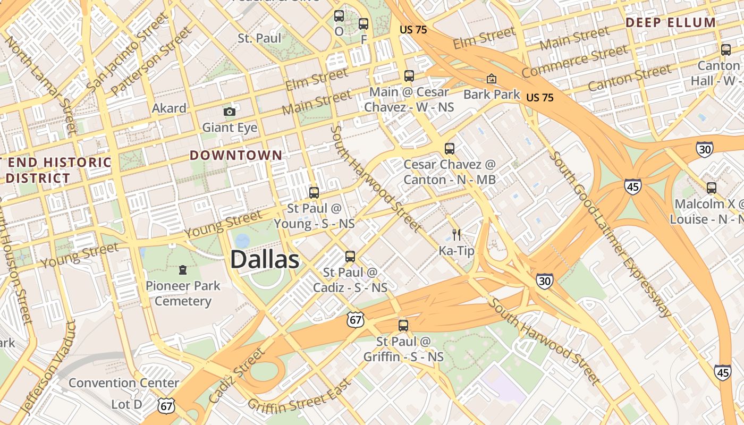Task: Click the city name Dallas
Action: tap(265, 260)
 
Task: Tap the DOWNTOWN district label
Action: tap(236, 155)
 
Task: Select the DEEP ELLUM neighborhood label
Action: tap(670, 22)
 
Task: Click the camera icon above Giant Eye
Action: tap(230, 112)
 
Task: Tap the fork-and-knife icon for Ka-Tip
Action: tap(456, 234)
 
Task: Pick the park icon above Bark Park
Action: tap(492, 79)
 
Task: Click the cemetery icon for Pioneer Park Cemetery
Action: tap(183, 270)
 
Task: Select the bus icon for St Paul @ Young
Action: tap(314, 192)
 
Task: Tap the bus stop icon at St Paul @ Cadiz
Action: tap(350, 257)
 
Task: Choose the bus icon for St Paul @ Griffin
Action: tap(403, 325)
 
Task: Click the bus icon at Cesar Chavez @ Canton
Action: tap(450, 149)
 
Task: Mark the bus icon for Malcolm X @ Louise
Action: tap(711, 188)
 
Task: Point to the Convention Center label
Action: tap(124, 382)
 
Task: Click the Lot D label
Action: tap(126, 404)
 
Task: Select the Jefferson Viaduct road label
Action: tap(48, 367)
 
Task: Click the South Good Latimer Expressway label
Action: tap(611, 234)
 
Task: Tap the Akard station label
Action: tap(169, 108)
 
